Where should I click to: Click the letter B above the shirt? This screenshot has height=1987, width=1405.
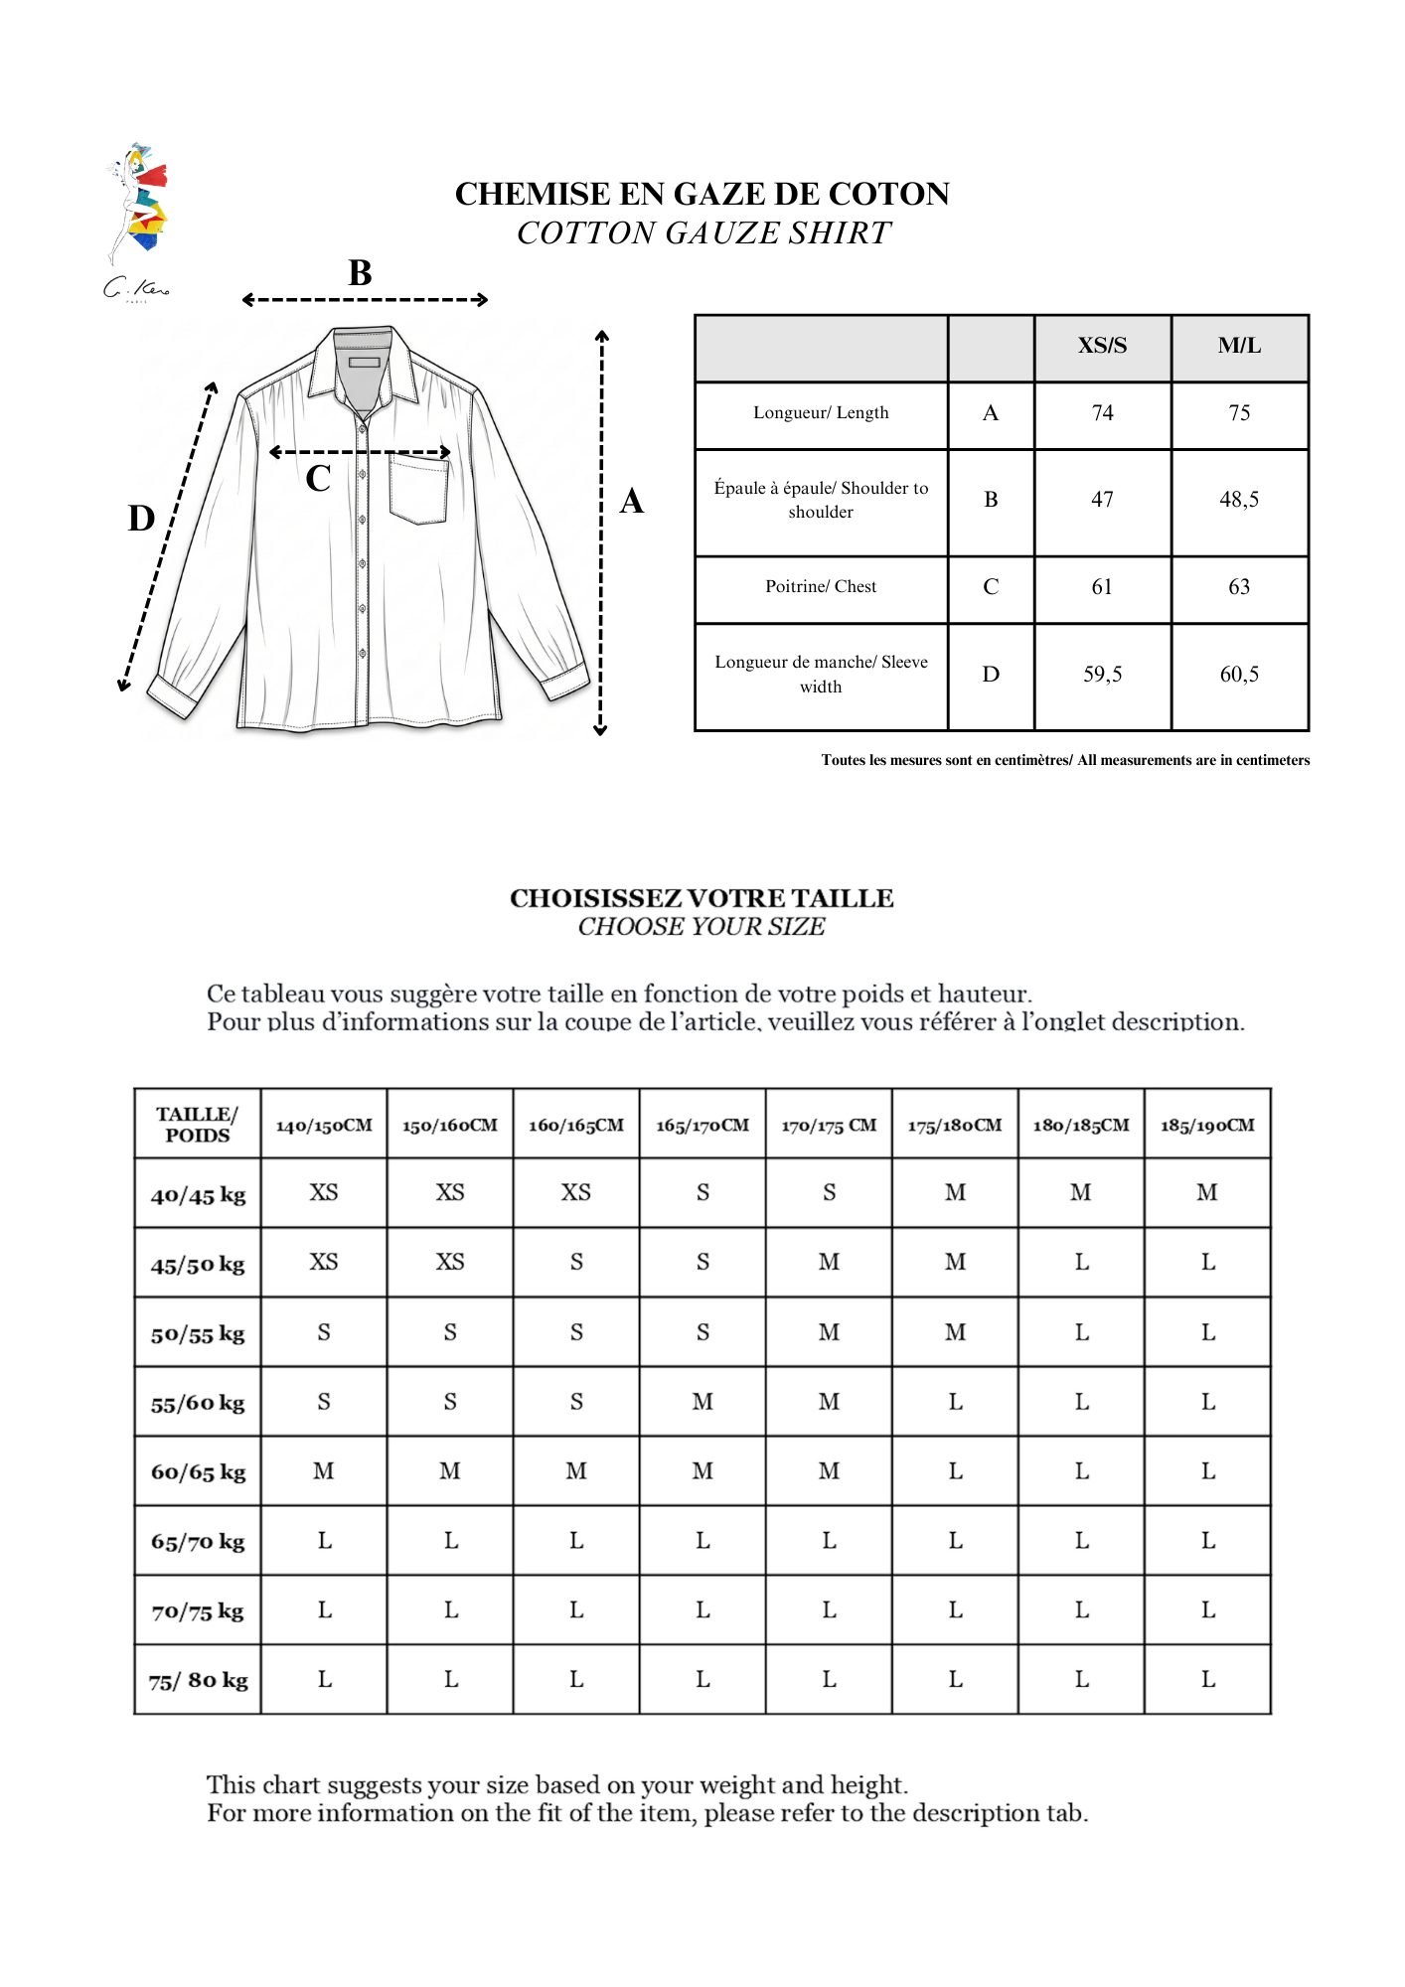click(x=361, y=273)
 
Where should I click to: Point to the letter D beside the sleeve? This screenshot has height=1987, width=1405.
click(x=141, y=519)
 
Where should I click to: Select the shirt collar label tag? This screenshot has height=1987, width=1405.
click(x=364, y=363)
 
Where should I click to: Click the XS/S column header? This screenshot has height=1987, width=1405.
click(x=1102, y=346)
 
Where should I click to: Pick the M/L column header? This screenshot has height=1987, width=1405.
click(x=1239, y=346)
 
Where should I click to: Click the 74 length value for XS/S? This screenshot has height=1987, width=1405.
click(x=1102, y=413)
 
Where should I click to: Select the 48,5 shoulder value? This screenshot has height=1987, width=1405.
click(x=1239, y=500)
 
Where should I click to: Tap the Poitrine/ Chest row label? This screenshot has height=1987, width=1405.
click(x=821, y=587)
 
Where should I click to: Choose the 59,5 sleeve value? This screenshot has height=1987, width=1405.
click(x=1102, y=675)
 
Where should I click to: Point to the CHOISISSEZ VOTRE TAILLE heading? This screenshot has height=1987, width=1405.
click(x=702, y=898)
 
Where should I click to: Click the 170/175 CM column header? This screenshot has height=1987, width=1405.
click(x=829, y=1126)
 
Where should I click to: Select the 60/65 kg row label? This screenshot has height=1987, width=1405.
click(x=198, y=1472)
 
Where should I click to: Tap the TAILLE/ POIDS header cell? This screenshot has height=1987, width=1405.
click(x=198, y=1125)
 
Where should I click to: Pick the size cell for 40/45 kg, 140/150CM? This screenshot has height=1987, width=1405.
click(x=324, y=1193)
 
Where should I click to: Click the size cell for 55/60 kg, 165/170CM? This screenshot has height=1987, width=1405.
click(x=702, y=1402)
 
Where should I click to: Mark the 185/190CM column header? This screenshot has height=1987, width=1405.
click(x=1207, y=1126)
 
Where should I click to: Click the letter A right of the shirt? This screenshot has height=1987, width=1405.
click(x=632, y=501)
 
